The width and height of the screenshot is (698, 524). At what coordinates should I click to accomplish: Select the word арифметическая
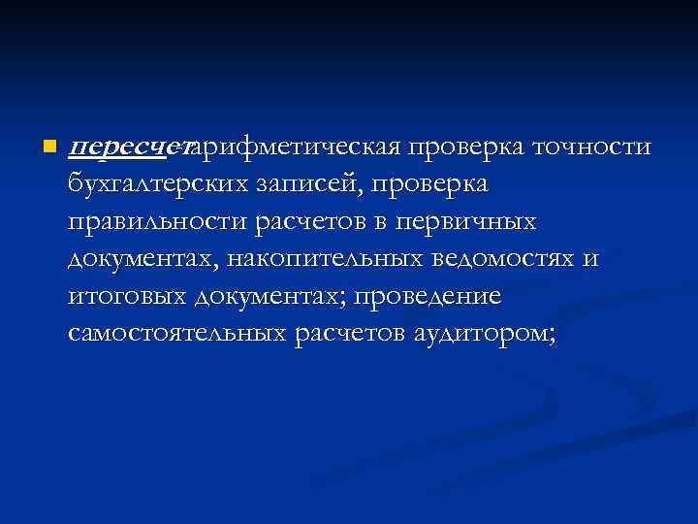coord(297,147)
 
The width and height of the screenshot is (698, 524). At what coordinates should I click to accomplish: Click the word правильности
coord(158,222)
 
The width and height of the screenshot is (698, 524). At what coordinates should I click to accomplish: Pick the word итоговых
coord(126,297)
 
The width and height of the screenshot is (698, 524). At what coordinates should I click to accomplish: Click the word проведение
coord(417,297)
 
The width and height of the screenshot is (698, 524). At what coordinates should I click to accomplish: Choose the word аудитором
coord(480,335)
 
